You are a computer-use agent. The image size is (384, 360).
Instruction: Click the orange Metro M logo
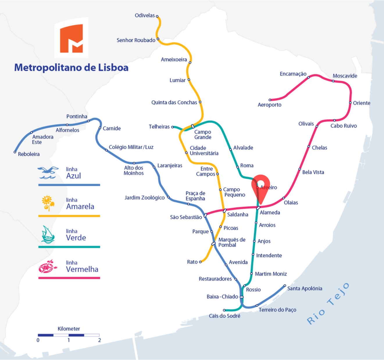[x=71, y=38]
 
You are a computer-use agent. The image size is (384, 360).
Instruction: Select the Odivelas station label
[x=145, y=15]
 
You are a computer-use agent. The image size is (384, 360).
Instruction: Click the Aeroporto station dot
[x=270, y=100]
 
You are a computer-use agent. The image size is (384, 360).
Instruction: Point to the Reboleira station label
[x=29, y=154]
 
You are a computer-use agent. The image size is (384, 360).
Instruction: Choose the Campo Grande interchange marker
[x=192, y=127]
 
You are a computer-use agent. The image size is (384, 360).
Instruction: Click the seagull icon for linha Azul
[x=48, y=173]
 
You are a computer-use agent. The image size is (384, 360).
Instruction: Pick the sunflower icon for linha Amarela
[x=48, y=203]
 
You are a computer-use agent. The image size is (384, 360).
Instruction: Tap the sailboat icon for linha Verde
[x=48, y=235]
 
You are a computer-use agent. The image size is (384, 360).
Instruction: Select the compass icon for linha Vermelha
[x=47, y=266]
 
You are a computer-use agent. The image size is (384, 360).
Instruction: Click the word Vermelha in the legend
[x=82, y=269]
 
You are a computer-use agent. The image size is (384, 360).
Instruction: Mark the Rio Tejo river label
[x=328, y=304]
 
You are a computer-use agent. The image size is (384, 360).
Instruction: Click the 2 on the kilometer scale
[x=99, y=340]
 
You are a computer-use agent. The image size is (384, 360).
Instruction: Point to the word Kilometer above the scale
[x=69, y=329]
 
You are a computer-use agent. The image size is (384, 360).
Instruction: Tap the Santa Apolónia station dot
[x=285, y=285]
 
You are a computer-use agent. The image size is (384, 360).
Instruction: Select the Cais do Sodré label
[x=224, y=316]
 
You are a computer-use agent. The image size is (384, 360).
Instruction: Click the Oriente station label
[x=362, y=103]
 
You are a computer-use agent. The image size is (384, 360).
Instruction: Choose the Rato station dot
[x=200, y=262]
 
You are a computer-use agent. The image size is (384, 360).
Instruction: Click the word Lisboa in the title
[x=113, y=68]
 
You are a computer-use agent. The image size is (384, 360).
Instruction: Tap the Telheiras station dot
[x=172, y=127]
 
